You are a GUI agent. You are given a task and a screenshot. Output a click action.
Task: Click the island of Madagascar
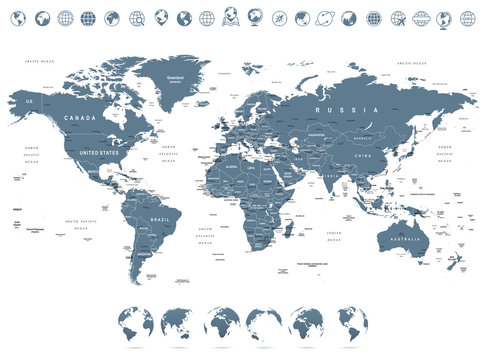(x=289, y=230)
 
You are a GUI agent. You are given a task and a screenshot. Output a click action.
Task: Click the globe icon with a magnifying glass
(x=137, y=17)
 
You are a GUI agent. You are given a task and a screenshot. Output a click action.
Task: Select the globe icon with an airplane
(x=397, y=17)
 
